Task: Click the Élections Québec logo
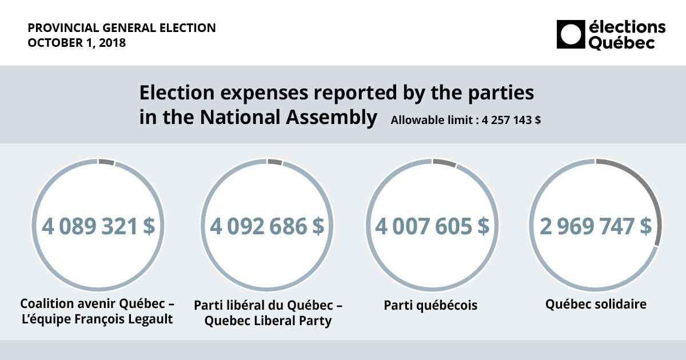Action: pyautogui.click(x=611, y=34)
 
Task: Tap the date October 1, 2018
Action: pyautogui.click(x=77, y=43)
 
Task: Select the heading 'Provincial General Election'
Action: pyautogui.click(x=122, y=27)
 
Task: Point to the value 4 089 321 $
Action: pyautogui.click(x=98, y=226)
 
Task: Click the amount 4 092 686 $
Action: pyautogui.click(x=267, y=226)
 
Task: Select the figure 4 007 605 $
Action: pyautogui.click(x=432, y=226)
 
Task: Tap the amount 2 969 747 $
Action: pyautogui.click(x=595, y=226)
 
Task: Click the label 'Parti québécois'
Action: pyautogui.click(x=430, y=306)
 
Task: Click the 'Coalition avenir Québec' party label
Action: pyautogui.click(x=97, y=303)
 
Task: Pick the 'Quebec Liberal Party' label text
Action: pyautogui.click(x=268, y=321)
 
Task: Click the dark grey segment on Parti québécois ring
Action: pyautogui.click(x=444, y=163)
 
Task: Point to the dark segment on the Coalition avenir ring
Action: pyautogui.click(x=106, y=162)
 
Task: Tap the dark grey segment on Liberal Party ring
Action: pyautogui.click(x=274, y=162)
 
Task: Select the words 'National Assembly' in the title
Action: pyautogui.click(x=288, y=117)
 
